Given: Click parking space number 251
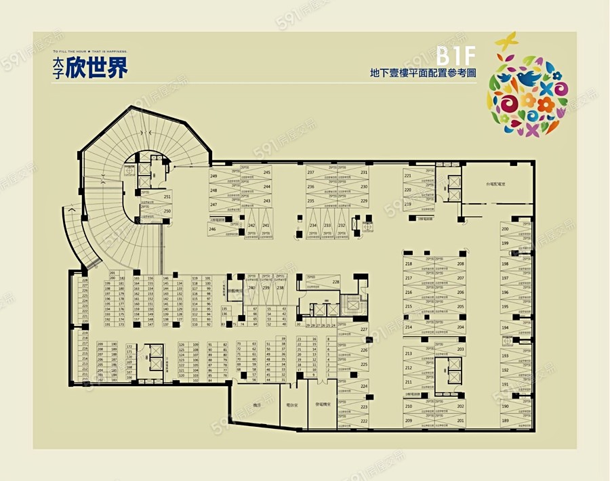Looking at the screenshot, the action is pos(167,197).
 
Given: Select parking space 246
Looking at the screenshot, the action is pos(212,230).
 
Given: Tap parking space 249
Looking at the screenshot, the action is pos(213,177).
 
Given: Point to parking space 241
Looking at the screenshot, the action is pos(266,226).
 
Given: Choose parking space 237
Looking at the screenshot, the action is pos(310,173).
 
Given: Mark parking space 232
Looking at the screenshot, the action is pos(342,226).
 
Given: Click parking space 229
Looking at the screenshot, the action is pos(364,201).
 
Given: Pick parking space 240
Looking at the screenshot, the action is pos(251,288).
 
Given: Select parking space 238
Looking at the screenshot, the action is pos(281,288).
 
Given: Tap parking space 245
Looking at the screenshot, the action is pos(266,173).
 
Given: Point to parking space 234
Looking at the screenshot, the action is pos(313,226).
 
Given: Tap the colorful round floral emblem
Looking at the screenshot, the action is pos(527,86).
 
